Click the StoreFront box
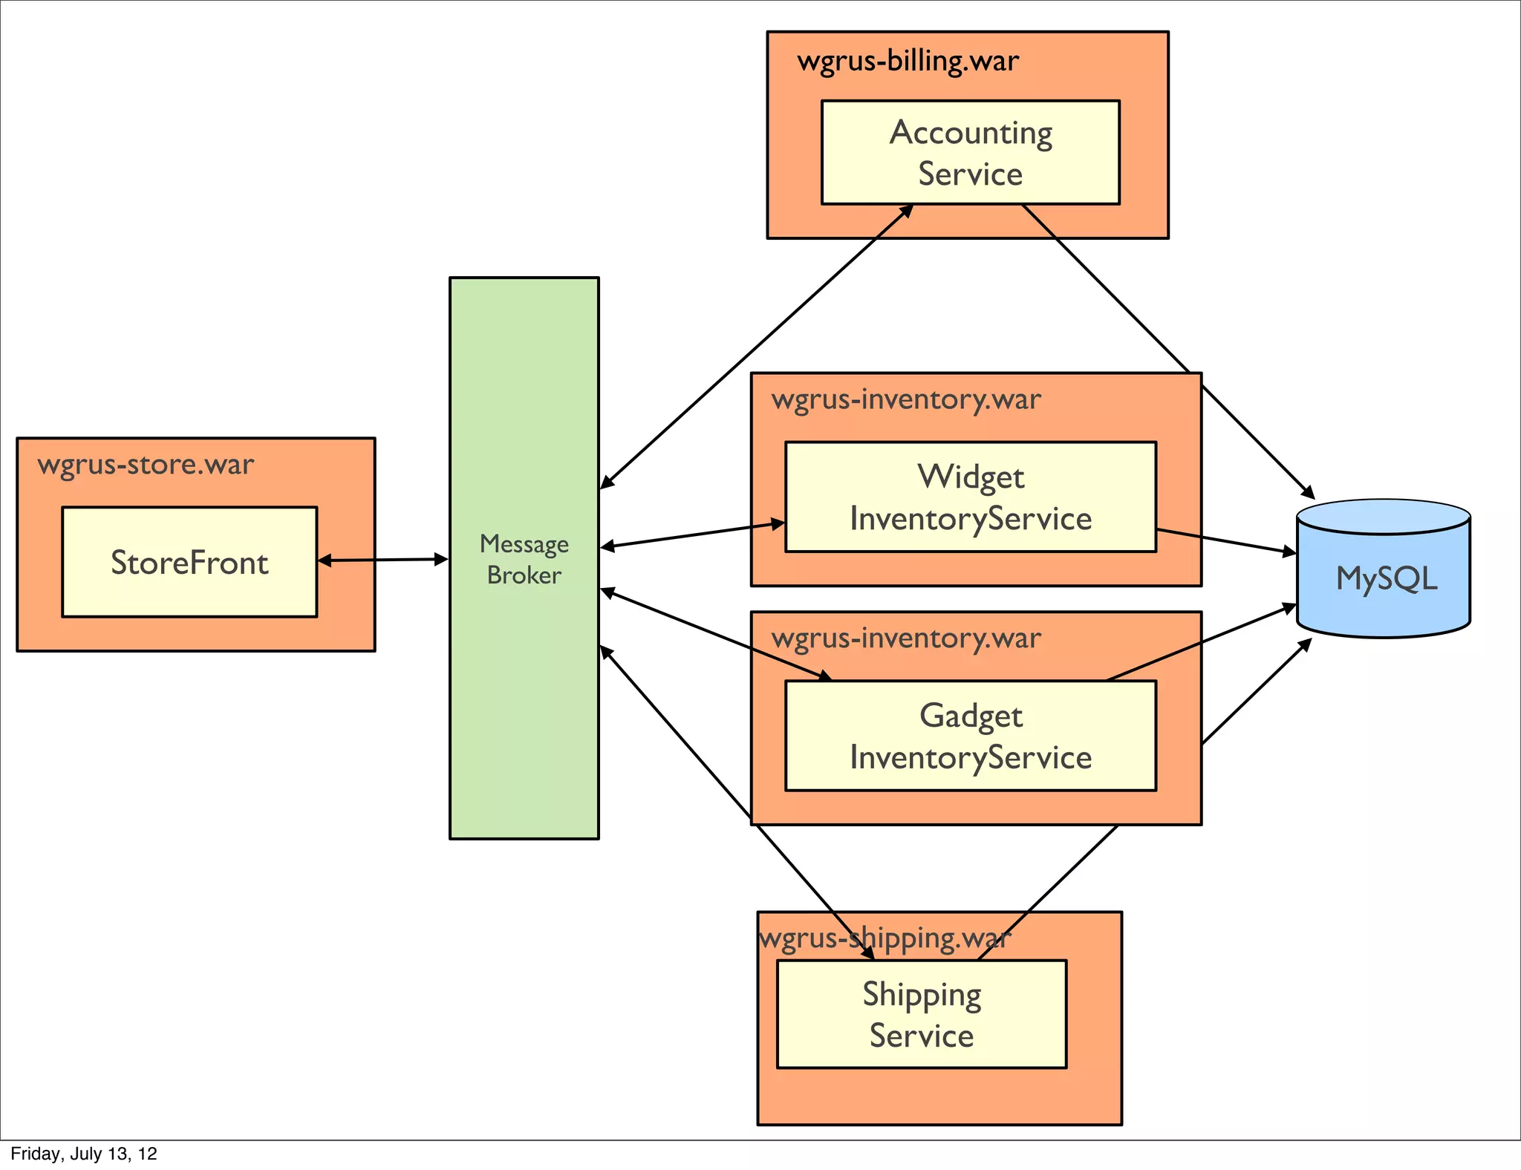tap(189, 562)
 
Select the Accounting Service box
tap(970, 152)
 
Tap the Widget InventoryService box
tap(970, 497)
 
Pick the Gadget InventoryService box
tap(970, 736)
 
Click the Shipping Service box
tap(921, 1014)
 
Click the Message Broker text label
tap(524, 559)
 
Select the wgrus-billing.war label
tap(908, 61)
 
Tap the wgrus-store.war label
tap(146, 465)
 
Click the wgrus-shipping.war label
tap(884, 938)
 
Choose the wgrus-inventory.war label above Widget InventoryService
tap(906, 399)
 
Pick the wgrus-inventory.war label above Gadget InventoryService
tap(906, 638)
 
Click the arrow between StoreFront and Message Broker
tap(382, 560)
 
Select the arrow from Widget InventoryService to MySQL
tap(1225, 540)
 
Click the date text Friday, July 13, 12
tap(84, 1154)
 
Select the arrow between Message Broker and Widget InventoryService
tap(691, 535)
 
